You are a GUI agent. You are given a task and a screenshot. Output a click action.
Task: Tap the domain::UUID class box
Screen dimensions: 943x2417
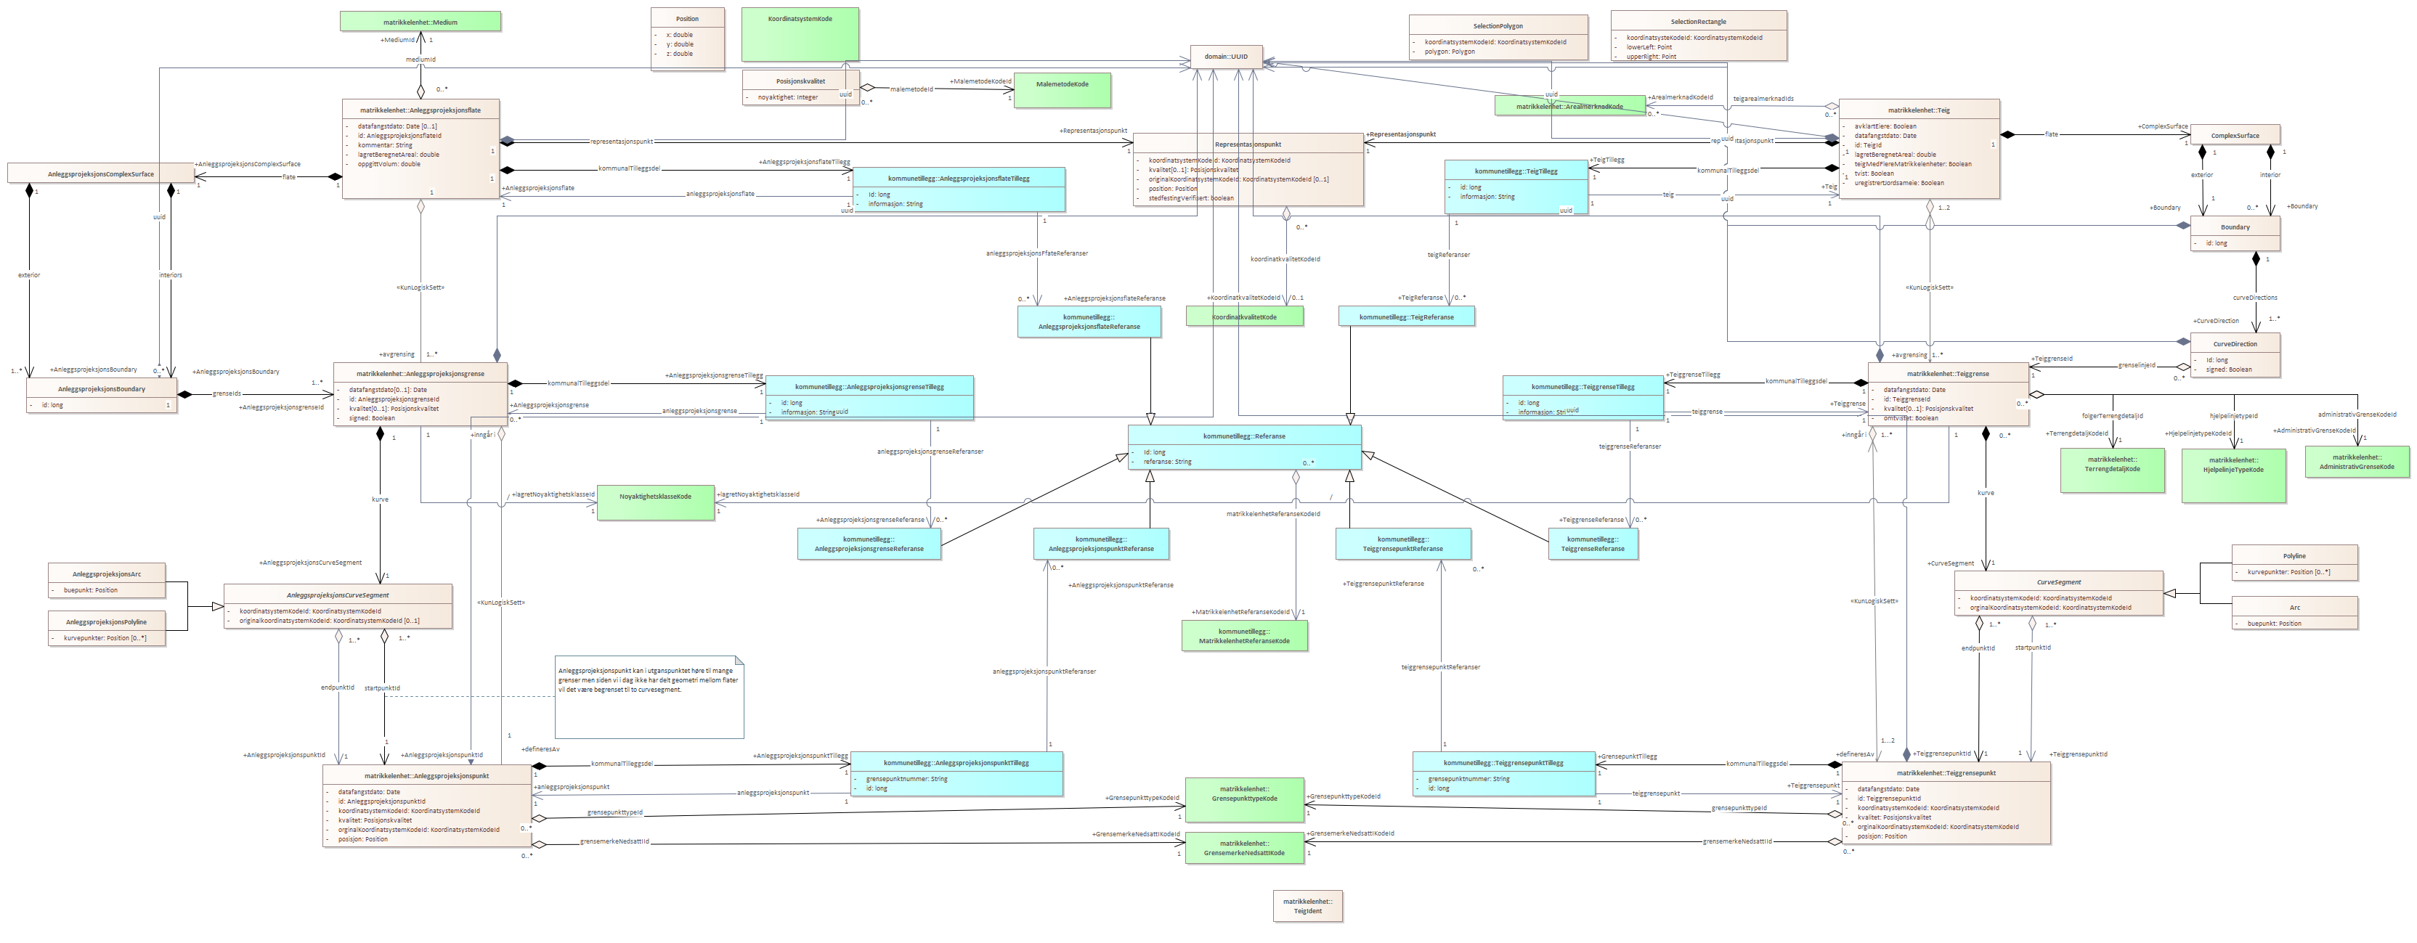[1227, 57]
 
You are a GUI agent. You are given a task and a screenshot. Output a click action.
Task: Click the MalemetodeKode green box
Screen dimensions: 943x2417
[1062, 90]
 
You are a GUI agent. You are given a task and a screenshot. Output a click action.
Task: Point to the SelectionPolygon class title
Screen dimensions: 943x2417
[1498, 25]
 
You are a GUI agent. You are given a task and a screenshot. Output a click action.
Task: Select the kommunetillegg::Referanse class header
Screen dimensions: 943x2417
[1244, 436]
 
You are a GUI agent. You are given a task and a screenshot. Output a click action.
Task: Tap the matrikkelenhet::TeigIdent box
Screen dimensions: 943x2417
[1307, 907]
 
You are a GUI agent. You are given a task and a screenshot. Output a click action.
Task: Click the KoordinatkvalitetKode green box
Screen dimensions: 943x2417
[1244, 317]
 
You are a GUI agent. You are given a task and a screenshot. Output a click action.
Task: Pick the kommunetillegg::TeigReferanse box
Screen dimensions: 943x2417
[1407, 317]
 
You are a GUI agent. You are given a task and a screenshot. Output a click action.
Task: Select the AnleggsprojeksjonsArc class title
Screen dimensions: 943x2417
[107, 573]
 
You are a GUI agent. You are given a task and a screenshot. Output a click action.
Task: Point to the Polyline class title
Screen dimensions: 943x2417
[2294, 555]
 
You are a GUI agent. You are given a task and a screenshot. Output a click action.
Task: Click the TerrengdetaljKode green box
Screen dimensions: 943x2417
[2112, 469]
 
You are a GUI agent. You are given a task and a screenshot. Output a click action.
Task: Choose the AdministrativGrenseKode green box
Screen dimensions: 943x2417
[2356, 461]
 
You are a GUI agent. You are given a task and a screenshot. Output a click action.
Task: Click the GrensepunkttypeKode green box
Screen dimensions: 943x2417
[1244, 799]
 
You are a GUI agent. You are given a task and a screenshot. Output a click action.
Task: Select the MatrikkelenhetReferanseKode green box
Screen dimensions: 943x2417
[1244, 636]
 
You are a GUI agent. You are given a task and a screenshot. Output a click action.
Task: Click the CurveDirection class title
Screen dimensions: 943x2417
[2235, 343]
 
